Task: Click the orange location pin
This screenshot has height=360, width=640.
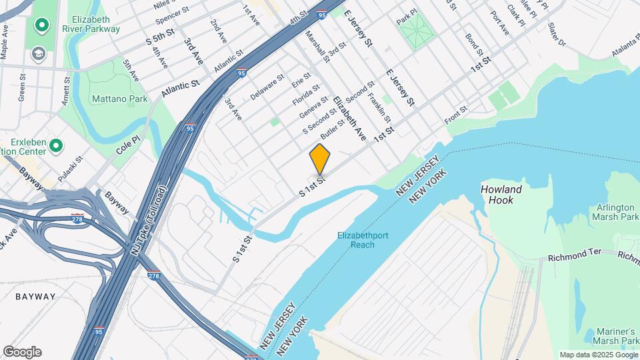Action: tap(320, 159)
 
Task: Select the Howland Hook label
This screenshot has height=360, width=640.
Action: tap(501, 195)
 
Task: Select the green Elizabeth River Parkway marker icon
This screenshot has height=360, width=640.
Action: tap(41, 26)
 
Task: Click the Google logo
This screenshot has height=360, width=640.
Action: tap(22, 352)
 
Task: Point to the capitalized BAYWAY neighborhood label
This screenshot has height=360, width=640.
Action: tap(35, 296)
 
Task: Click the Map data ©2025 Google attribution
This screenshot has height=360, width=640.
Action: tap(597, 355)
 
